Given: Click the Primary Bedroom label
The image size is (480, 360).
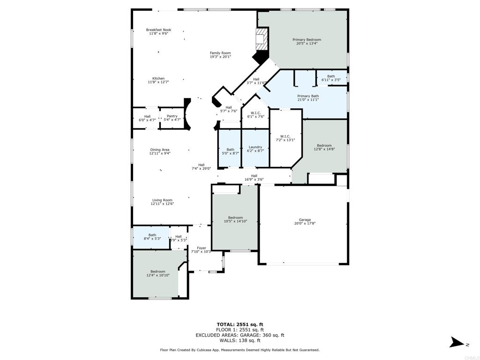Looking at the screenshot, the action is pos(307,39).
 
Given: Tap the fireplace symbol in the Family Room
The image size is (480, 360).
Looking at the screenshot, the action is pos(262,39).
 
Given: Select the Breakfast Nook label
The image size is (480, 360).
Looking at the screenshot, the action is pos(158,30).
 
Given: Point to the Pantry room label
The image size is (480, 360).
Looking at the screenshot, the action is pos(172,116).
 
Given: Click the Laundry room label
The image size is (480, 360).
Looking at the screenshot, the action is pos(255,147).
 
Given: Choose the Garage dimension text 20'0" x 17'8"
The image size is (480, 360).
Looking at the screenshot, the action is pos(305,224).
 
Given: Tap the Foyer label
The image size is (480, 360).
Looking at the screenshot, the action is pos(202,248).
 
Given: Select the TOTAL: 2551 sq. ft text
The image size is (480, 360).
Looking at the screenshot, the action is pos(240,324).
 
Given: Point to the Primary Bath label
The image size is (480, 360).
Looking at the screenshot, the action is pos(308,96).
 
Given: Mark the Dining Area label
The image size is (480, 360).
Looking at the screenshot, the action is pos(160,150).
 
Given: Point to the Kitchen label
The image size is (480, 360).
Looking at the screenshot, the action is pos(158,78).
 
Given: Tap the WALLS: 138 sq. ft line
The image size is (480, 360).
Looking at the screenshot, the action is pos(240,340).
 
